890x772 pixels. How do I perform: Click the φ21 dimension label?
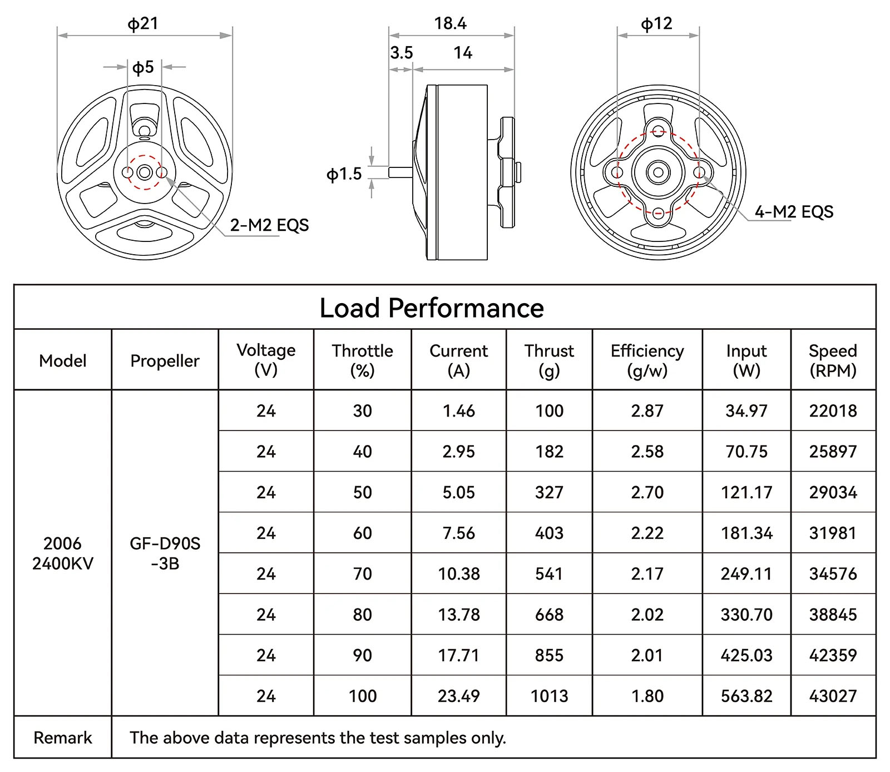pyautogui.click(x=143, y=24)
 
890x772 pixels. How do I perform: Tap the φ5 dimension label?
pyautogui.click(x=143, y=67)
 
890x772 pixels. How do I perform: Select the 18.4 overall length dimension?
pyautogui.click(x=450, y=23)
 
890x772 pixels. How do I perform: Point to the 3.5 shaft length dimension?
pyautogui.click(x=401, y=53)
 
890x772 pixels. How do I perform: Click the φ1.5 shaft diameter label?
pyautogui.click(x=344, y=174)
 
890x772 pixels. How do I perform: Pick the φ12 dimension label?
pyautogui.click(x=656, y=24)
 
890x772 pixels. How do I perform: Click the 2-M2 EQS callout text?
pyautogui.click(x=269, y=225)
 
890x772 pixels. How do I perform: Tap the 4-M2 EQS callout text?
pyautogui.click(x=794, y=212)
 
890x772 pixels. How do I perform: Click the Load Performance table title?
pyautogui.click(x=432, y=308)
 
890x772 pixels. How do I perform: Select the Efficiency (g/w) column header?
pyautogui.click(x=647, y=360)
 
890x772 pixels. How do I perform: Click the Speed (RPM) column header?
pyautogui.click(x=833, y=360)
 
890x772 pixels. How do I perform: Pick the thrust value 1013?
pyautogui.click(x=549, y=696)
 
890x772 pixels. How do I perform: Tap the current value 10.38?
pyautogui.click(x=458, y=573)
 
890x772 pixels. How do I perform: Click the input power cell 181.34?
pyautogui.click(x=746, y=533)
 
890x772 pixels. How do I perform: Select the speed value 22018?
pyautogui.click(x=833, y=410)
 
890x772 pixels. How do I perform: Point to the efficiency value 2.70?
pyautogui.click(x=647, y=492)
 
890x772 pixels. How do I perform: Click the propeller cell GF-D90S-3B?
pyautogui.click(x=165, y=553)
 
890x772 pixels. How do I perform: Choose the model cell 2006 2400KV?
pyautogui.click(x=63, y=553)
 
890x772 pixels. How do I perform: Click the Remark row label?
pyautogui.click(x=63, y=738)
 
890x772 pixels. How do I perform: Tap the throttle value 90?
pyautogui.click(x=362, y=655)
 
